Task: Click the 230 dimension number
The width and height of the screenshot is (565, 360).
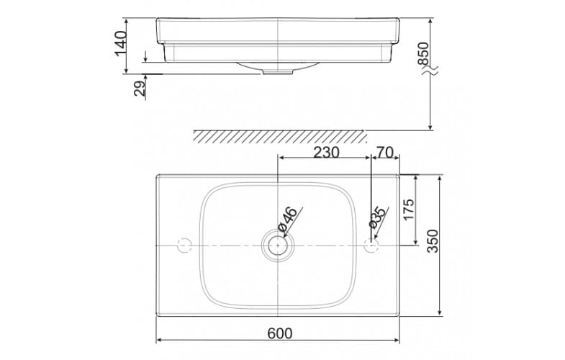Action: point(325,152)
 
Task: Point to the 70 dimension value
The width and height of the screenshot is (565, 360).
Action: point(385,152)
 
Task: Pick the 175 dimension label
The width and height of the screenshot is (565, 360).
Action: point(408,210)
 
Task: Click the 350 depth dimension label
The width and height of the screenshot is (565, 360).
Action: point(432,242)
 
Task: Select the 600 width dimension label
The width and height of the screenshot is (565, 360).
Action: point(279,333)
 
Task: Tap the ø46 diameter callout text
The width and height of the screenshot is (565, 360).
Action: point(289,220)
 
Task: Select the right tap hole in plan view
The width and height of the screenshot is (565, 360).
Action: point(371,246)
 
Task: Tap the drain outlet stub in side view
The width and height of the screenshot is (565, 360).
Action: point(278,71)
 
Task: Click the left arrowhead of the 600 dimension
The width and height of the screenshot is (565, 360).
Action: point(160,341)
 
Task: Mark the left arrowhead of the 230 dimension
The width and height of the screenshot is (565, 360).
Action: point(281,159)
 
